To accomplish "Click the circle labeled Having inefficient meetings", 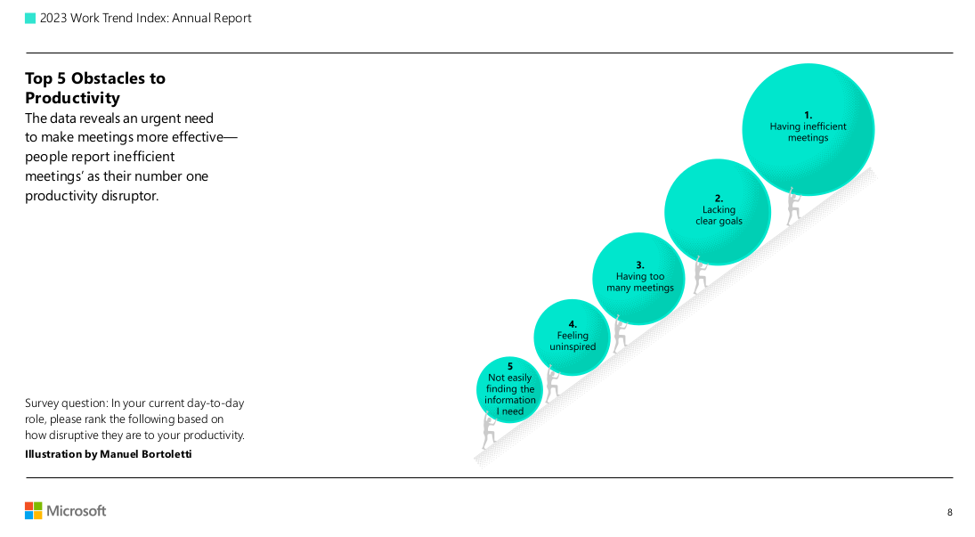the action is tap(808, 129).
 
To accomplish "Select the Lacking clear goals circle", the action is tap(718, 212).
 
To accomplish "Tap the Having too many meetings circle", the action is tap(638, 279).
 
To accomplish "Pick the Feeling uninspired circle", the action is tap(572, 338).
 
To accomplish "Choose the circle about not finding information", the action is tap(510, 390).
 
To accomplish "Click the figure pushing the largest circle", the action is tap(792, 206).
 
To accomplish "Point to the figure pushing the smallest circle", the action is tap(489, 431).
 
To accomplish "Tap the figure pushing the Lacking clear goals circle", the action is tap(700, 274).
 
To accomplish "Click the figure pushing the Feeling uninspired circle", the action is tap(551, 383).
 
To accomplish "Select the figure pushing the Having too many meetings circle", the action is tap(620, 334).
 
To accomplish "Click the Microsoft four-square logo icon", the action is tap(34, 511).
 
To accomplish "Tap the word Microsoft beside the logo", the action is tap(77, 511).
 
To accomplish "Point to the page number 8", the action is tap(949, 513).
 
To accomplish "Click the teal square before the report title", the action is tap(30, 19).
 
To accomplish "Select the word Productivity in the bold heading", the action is tap(72, 98).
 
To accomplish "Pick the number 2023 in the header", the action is tap(53, 18).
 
